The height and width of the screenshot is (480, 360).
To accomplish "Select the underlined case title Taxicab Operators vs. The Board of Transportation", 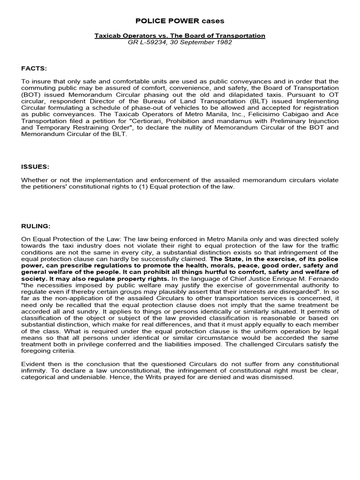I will [180, 36].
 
